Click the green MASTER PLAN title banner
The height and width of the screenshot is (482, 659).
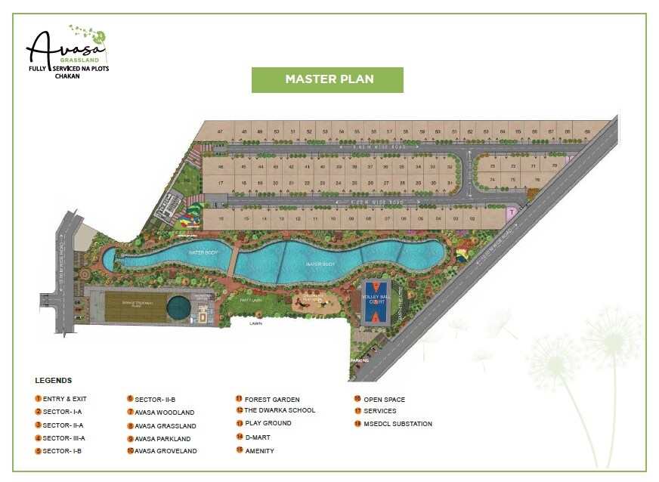click(327, 79)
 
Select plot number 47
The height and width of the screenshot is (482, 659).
click(220, 132)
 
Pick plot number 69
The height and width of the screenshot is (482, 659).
click(587, 132)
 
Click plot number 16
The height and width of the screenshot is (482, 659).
click(221, 218)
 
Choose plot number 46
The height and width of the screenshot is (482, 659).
click(221, 166)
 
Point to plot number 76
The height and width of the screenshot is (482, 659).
click(537, 179)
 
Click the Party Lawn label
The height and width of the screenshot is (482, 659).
click(250, 299)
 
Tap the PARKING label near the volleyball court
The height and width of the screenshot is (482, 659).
click(360, 360)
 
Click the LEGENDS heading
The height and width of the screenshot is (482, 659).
click(53, 380)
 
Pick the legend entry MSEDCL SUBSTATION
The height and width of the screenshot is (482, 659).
click(398, 424)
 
